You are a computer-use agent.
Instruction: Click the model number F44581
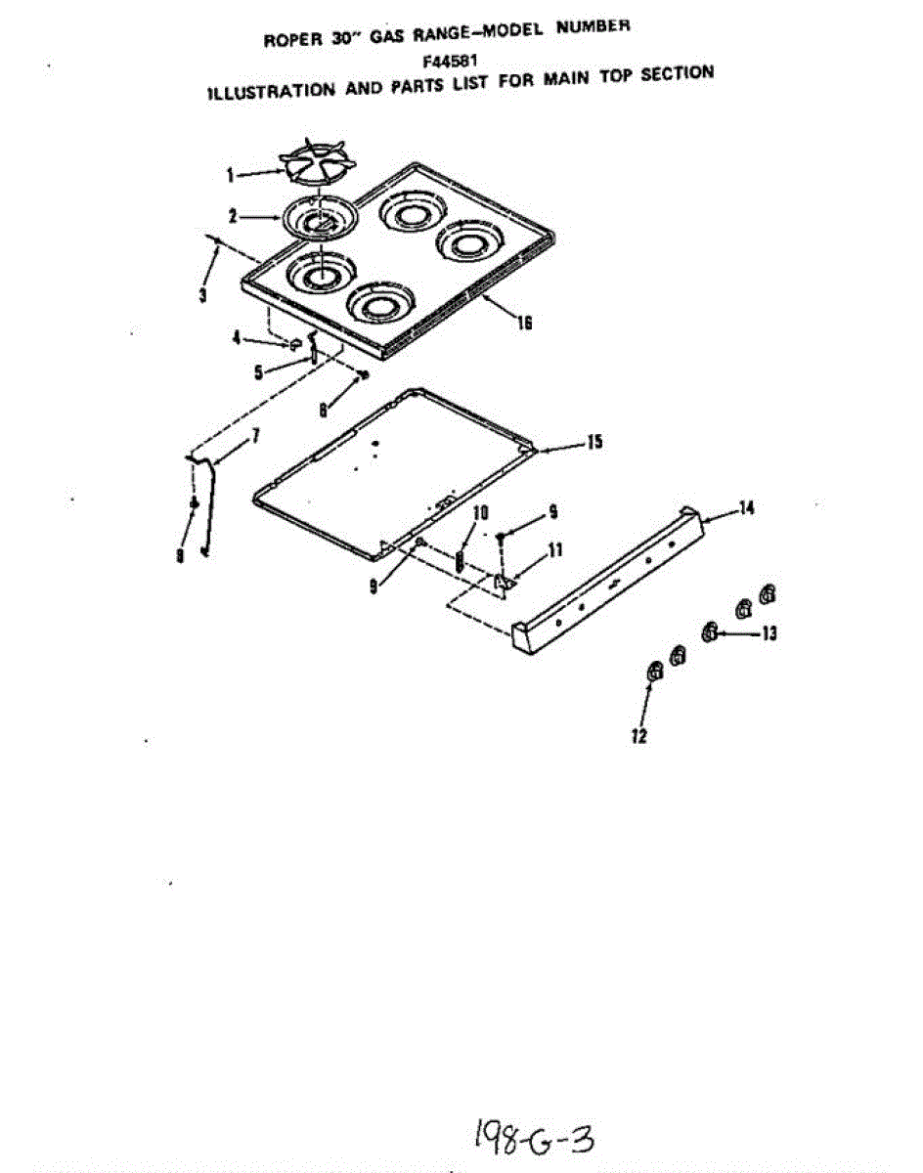[x=450, y=60]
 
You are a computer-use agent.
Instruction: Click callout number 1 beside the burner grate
[x=231, y=176]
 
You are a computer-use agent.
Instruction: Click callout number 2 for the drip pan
[x=233, y=217]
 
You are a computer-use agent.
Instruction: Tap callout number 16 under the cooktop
[x=524, y=323]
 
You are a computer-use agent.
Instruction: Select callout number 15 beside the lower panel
[x=594, y=442]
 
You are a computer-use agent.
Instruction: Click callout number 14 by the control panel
[x=746, y=508]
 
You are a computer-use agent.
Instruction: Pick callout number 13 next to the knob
[x=769, y=633]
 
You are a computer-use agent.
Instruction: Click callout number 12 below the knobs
[x=638, y=736]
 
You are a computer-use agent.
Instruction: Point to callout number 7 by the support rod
[x=254, y=436]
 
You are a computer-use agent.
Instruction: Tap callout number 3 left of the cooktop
[x=202, y=295]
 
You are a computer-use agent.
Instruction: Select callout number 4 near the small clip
[x=236, y=338]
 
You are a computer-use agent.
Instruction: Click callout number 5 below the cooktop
[x=258, y=372]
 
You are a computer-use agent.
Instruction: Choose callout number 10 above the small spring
[x=481, y=513]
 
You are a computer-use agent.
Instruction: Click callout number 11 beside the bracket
[x=555, y=550]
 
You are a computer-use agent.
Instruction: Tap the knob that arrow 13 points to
[x=709, y=632]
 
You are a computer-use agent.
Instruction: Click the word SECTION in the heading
[x=677, y=73]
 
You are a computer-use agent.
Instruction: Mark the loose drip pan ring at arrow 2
[x=320, y=217]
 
